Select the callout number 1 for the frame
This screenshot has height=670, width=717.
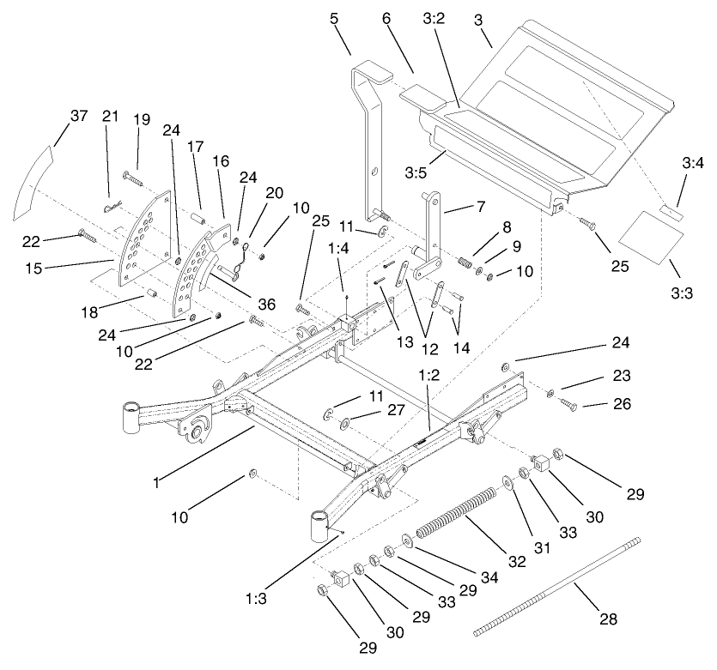[x=158, y=483]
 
